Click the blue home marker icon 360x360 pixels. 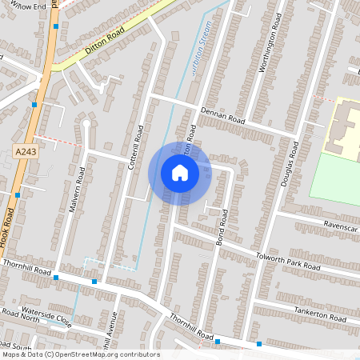180,173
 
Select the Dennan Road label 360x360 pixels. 222,117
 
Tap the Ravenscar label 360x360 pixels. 340,226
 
